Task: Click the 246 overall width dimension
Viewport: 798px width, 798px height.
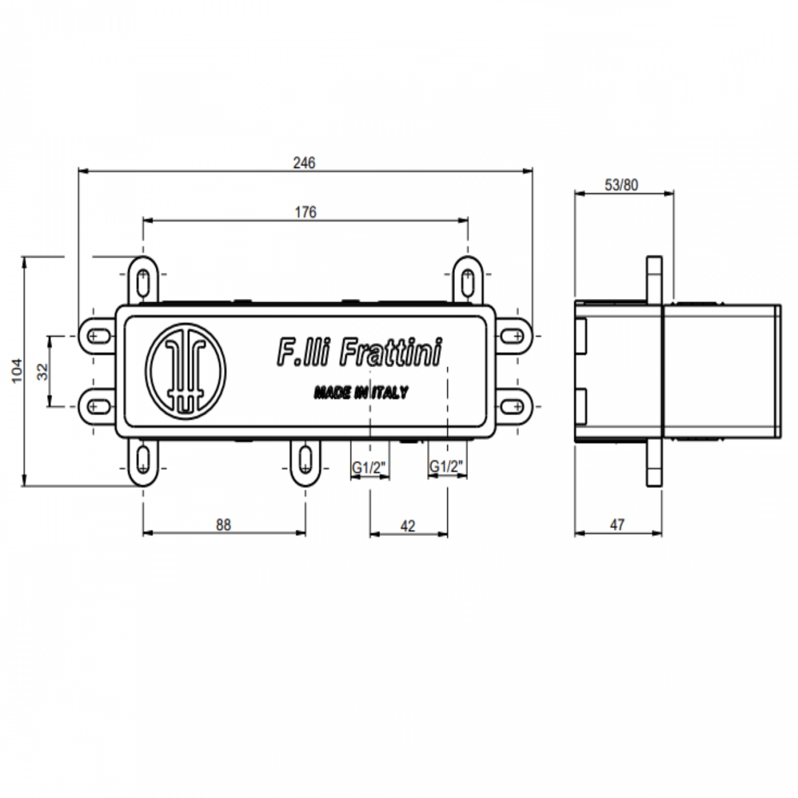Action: coord(304,163)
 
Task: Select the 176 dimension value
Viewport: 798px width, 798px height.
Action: coord(305,212)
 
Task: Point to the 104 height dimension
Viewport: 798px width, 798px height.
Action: coord(17,371)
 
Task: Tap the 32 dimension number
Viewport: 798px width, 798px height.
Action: coord(42,371)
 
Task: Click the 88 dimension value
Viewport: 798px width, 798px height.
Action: coord(223,525)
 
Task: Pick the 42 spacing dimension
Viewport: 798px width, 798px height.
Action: coord(408,526)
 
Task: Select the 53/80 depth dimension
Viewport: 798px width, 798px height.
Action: coord(621,185)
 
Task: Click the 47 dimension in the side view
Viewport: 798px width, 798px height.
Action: coord(617,525)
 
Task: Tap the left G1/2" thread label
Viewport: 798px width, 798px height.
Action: coord(369,468)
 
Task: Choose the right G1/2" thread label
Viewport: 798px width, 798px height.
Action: coord(446,467)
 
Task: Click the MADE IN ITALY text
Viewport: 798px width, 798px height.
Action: coord(360,392)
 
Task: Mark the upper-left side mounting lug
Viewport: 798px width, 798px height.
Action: coord(96,336)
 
